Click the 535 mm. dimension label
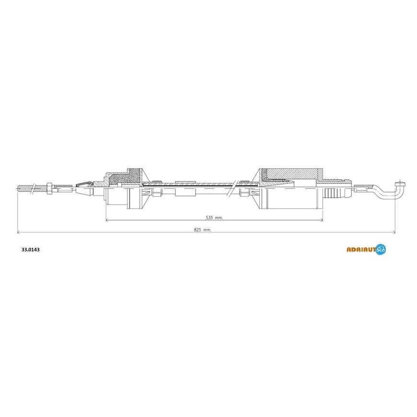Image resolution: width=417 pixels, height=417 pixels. [x=214, y=218]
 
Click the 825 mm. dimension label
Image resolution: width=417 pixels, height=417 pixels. [x=202, y=230]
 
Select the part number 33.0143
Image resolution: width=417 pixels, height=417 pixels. [x=30, y=250]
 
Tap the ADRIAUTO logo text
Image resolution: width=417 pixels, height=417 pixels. [x=361, y=249]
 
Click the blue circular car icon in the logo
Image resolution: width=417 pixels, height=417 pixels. [x=381, y=249]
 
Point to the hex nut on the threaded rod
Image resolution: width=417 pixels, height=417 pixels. [x=49, y=188]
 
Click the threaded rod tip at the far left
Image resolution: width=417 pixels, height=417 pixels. [x=18, y=188]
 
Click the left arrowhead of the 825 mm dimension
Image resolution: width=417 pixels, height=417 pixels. [x=18, y=232]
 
